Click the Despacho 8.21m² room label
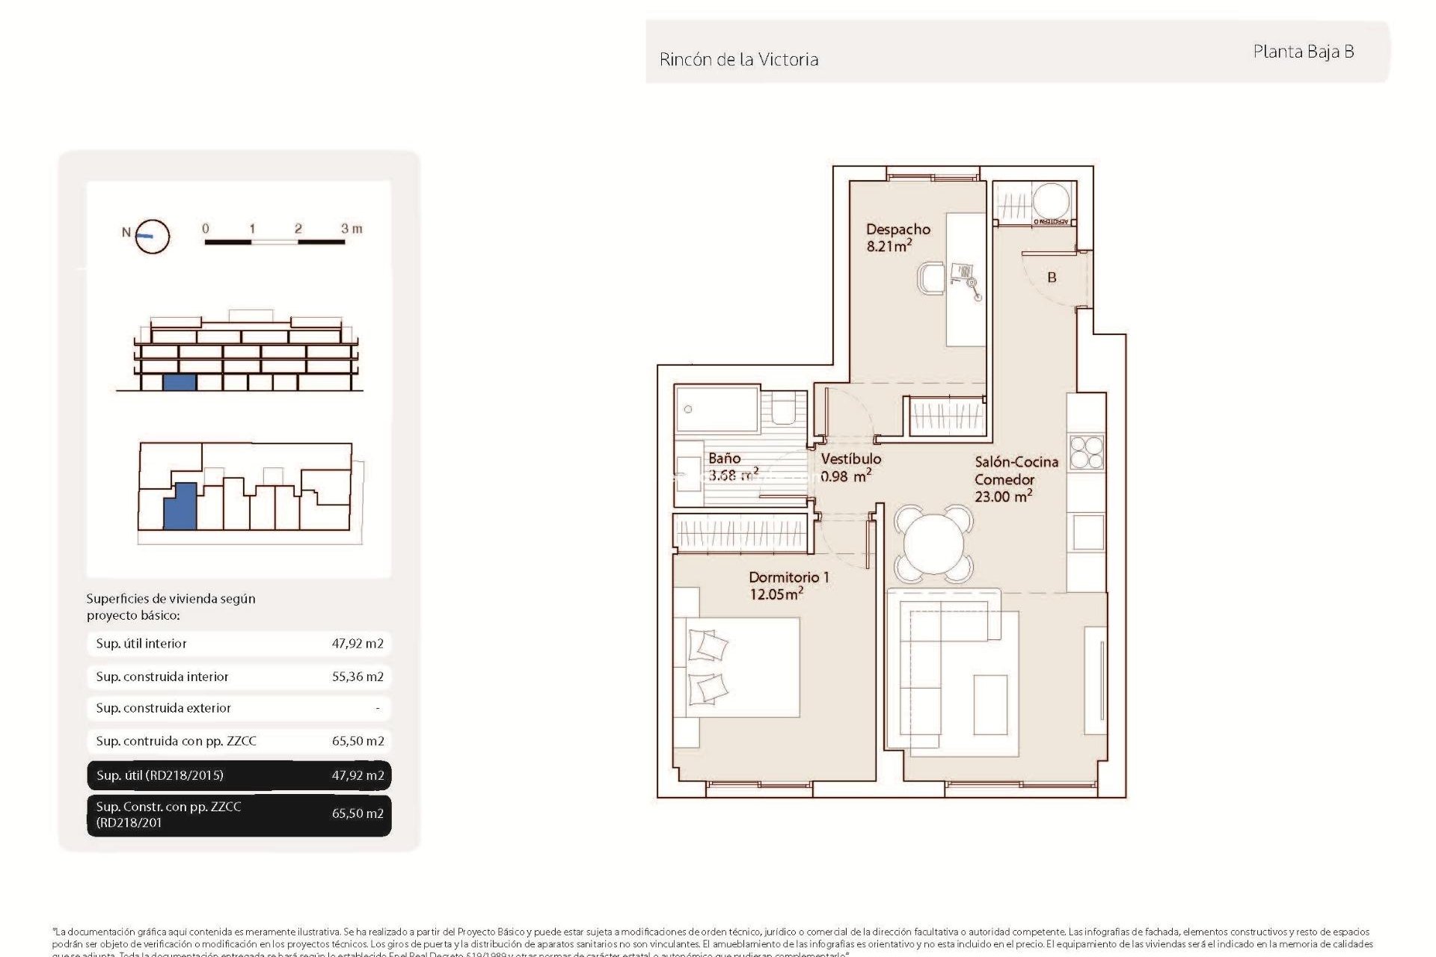click(897, 238)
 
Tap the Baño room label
click(724, 458)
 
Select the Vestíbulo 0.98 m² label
click(850, 467)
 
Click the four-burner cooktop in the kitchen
click(1086, 452)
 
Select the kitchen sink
click(1088, 532)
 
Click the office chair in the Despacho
click(931, 278)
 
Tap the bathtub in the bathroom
click(717, 410)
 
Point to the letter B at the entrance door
click(1052, 277)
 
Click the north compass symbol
click(153, 236)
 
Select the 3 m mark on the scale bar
click(351, 229)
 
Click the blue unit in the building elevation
click(179, 382)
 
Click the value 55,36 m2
click(358, 677)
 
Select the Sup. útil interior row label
click(141, 644)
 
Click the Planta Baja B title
click(1303, 52)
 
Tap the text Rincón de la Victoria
click(738, 60)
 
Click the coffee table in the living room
click(990, 705)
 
